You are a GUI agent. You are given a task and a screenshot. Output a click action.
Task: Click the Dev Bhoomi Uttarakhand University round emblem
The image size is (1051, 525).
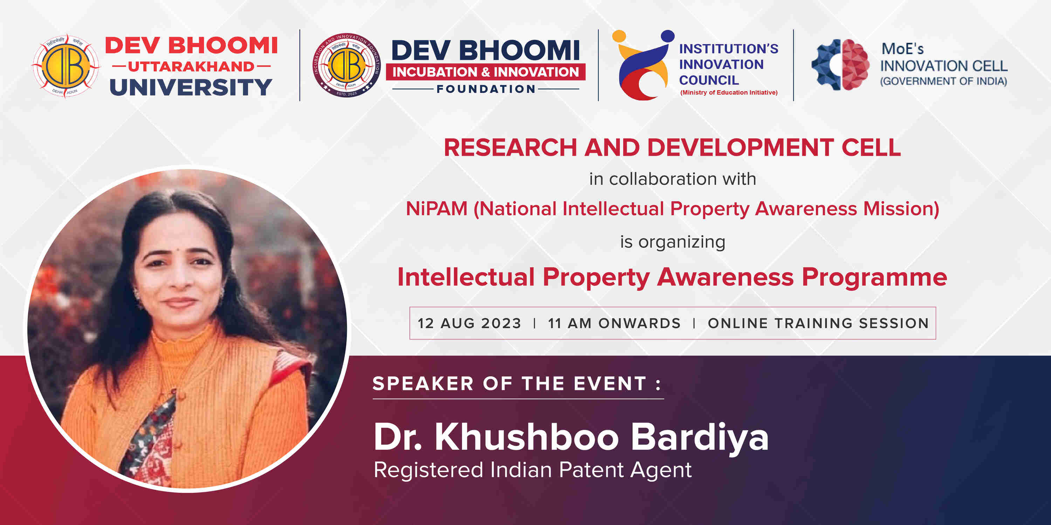(66, 66)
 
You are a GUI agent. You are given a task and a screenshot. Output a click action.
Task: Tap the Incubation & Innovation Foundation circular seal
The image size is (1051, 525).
(347, 65)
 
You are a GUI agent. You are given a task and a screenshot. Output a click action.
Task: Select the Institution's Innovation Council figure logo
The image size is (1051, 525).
(643, 65)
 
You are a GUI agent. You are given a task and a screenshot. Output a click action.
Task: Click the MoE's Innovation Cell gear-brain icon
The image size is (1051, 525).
(840, 65)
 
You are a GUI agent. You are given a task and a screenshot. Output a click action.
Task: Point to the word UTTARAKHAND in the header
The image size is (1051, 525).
(191, 66)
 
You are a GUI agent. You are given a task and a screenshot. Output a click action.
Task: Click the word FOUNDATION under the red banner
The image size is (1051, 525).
(486, 89)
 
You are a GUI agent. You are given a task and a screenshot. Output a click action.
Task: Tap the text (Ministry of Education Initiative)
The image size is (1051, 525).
(729, 92)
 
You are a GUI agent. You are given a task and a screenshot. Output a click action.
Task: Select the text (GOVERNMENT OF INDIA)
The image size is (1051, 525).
(943, 81)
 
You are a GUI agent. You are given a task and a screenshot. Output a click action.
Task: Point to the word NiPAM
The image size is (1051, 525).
(436, 209)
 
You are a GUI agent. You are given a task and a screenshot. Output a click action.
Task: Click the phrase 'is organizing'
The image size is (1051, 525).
(672, 242)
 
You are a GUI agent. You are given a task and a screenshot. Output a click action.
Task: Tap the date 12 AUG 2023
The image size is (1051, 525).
(469, 323)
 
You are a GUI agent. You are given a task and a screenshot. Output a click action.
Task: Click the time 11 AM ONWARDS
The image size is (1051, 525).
(614, 323)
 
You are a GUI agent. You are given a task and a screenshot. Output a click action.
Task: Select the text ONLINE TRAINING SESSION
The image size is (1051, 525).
(818, 323)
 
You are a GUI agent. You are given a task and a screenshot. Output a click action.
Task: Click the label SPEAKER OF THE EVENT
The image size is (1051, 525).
(516, 384)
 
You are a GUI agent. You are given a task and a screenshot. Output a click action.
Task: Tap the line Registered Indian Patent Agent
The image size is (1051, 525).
(533, 470)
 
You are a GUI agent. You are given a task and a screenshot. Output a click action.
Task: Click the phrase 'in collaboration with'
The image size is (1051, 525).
(672, 179)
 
